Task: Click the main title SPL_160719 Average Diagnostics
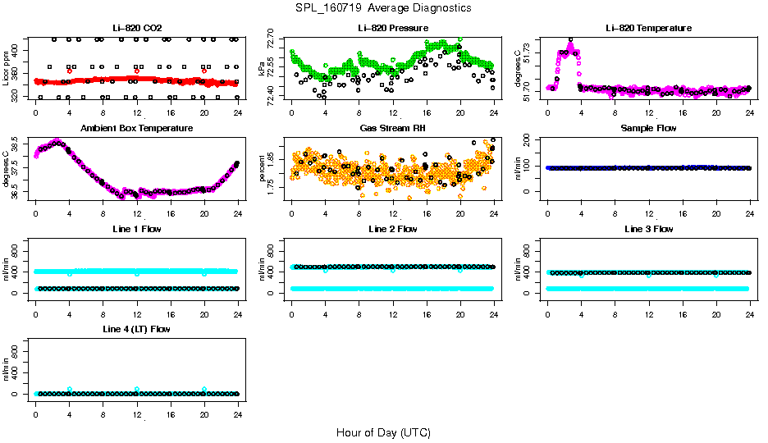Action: coord(384,7)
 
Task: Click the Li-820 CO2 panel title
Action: coord(137,29)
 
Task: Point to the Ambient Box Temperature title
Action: coord(137,129)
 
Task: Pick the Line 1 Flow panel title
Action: coord(137,229)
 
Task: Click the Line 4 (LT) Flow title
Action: coord(137,329)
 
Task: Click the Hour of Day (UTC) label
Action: coord(383,432)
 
